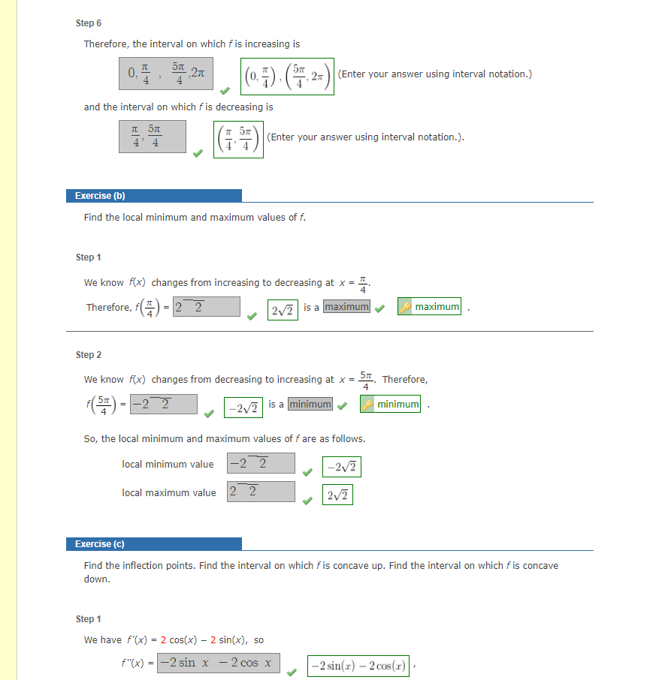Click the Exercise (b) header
click(100, 196)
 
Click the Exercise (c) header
click(100, 544)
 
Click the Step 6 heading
click(89, 23)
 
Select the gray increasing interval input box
click(165, 74)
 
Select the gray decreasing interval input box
click(152, 136)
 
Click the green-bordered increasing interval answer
click(287, 76)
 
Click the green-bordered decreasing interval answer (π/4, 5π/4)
click(237, 140)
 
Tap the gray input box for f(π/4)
click(206, 306)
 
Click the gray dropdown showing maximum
click(346, 306)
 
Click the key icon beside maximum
click(405, 307)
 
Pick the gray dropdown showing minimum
click(310, 405)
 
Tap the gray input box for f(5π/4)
click(164, 405)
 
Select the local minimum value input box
click(261, 463)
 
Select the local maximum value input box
click(261, 492)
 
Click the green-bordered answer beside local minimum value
click(342, 468)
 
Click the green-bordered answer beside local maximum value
click(338, 495)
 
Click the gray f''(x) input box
click(218, 663)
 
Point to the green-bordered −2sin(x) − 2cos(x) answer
click(358, 666)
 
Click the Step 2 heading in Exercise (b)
click(89, 354)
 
